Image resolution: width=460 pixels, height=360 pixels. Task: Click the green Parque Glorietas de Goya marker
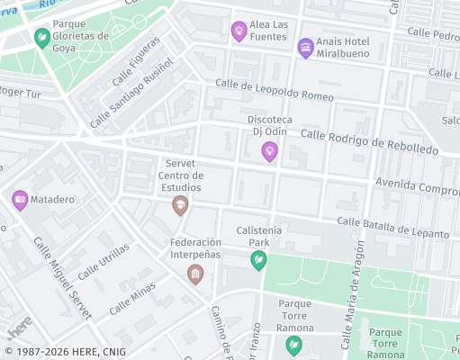pos(41,38)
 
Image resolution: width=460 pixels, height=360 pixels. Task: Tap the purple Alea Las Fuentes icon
pos(239,31)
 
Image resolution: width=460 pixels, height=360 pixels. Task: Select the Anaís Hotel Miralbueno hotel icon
pos(305,47)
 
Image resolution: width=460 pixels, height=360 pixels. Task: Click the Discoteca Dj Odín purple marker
pos(269,152)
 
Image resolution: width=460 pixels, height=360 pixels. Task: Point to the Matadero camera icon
pos(20,200)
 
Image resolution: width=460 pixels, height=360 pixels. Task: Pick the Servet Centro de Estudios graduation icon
pos(180,207)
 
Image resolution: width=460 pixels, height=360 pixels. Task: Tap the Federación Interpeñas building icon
pos(194,274)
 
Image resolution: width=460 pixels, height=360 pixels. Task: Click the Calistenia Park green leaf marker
pos(257,260)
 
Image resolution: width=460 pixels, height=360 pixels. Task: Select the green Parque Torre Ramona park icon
pos(293,345)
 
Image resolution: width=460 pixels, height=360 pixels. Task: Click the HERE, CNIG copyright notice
pos(65,352)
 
